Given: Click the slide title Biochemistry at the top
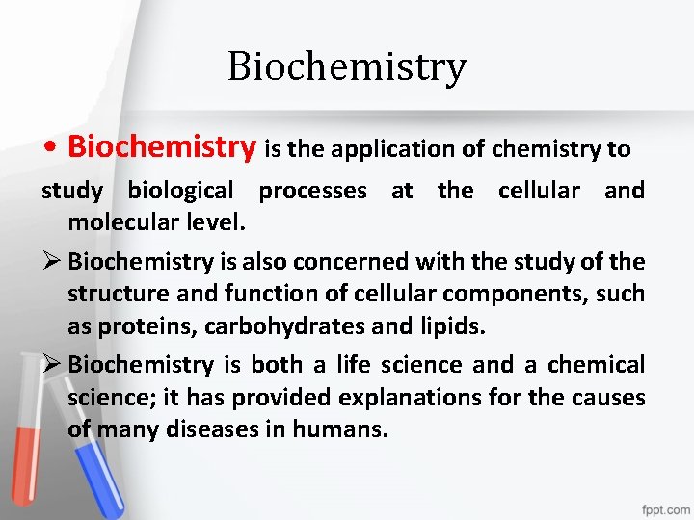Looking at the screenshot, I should click(347, 67).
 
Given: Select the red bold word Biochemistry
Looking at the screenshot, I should click(162, 147).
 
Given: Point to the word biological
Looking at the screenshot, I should click(180, 191).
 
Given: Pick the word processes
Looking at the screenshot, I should click(312, 191).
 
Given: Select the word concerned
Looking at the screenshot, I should click(334, 261).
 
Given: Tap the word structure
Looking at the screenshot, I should click(116, 294).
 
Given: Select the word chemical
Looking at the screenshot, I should click(597, 365).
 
